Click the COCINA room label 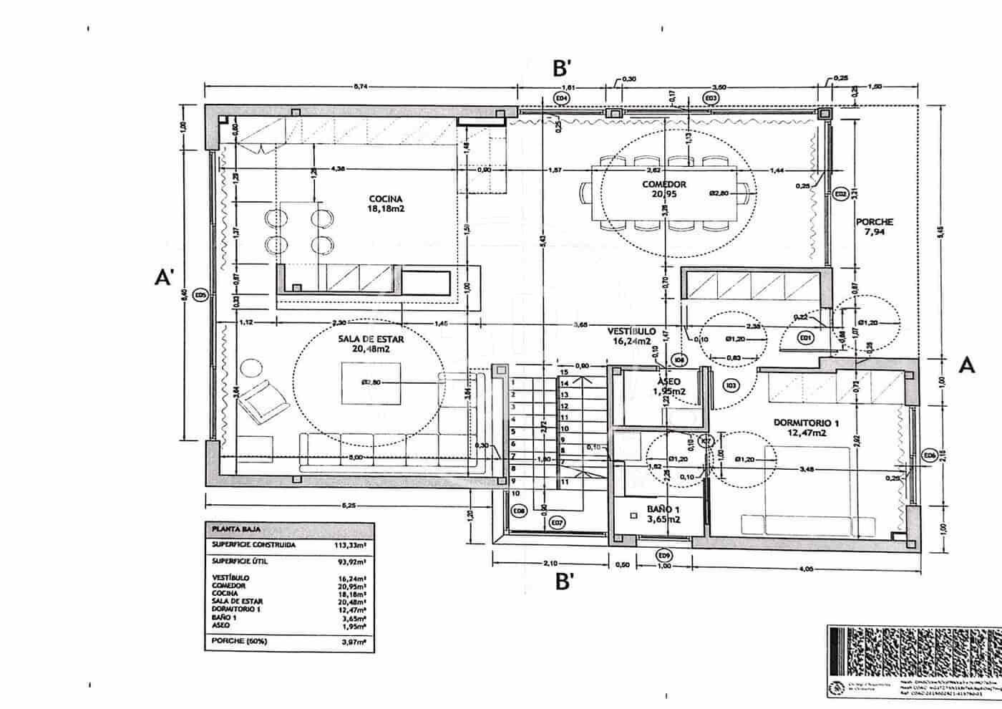click(386, 199)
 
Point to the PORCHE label click(874, 222)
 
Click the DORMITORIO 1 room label click(805, 423)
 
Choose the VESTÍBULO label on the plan click(631, 332)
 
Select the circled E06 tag click(929, 455)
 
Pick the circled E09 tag click(664, 554)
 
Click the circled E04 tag click(562, 97)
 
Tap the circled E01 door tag click(806, 337)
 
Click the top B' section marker click(562, 68)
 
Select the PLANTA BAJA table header click(235, 530)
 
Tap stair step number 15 click(564, 372)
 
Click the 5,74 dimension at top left click(361, 87)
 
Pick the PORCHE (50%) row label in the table click(239, 642)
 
